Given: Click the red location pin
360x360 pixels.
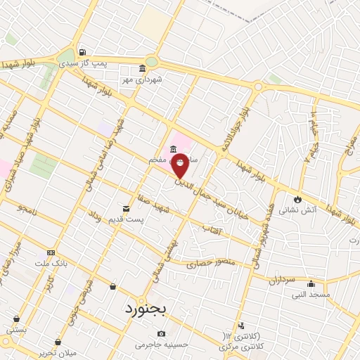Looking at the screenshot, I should coord(180,165).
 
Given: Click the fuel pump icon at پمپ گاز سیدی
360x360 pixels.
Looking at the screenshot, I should coord(83,51).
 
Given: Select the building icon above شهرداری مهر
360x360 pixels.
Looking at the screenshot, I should coord(143,69).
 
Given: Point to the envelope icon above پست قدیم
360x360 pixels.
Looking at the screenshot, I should coord(127,209).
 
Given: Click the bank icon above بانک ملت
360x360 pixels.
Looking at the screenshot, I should coord(51,252).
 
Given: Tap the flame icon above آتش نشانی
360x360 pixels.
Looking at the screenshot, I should coord(298,199).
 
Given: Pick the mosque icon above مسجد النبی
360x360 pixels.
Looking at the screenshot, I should coord(311,284).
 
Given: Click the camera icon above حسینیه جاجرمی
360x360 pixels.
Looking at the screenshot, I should coord(162,333).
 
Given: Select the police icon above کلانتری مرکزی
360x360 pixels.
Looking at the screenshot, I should coord(242,326).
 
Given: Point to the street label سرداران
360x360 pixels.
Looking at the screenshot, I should coord(281,280).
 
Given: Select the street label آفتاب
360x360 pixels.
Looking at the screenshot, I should coord(212,229).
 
